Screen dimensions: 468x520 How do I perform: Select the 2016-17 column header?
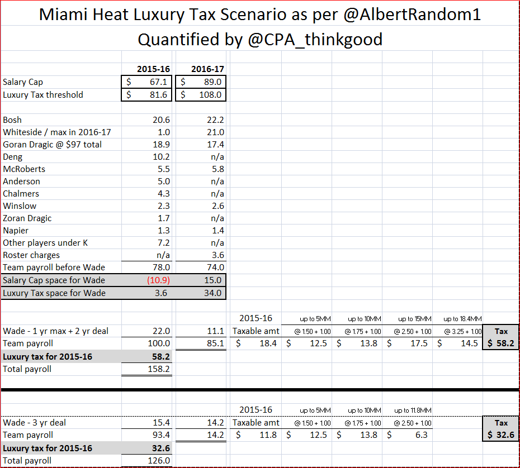coord(207,69)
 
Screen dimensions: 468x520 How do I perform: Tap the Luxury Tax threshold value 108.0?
coord(211,94)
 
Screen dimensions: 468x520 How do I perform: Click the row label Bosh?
coord(13,120)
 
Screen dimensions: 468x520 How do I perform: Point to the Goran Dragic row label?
coord(53,144)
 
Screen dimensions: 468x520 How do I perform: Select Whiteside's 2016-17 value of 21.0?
coord(215,132)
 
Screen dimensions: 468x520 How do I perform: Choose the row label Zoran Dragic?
coord(27,218)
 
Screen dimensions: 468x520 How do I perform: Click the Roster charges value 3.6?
coord(216,255)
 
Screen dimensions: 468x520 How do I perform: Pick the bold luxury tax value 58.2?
coord(161,356)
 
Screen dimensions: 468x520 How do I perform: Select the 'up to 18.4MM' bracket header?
coord(458,319)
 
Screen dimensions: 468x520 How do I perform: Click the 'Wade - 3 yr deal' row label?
coord(34,422)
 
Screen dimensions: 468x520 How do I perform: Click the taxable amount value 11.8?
coord(268,434)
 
